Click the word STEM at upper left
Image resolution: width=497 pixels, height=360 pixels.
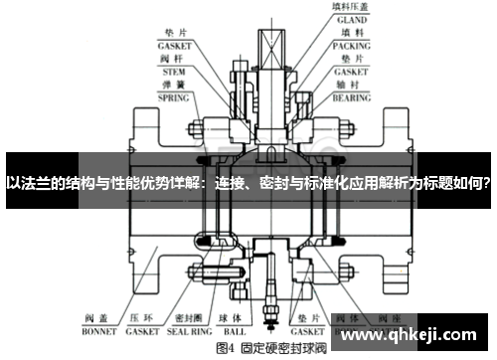pos(175,71)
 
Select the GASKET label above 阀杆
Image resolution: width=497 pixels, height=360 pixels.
pos(175,45)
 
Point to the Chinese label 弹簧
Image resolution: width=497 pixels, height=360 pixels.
pos(175,85)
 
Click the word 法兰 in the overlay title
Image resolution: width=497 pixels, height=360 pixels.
pos(38,183)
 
